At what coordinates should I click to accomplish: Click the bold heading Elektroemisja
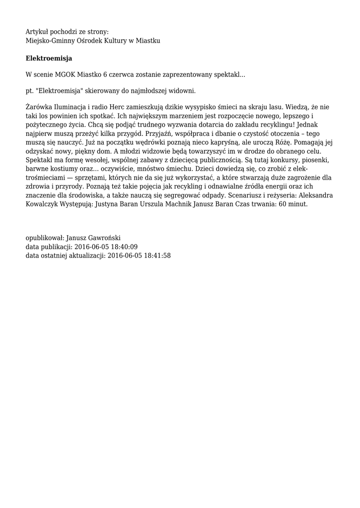point(49,59)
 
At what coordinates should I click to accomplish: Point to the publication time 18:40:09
point(123,247)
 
